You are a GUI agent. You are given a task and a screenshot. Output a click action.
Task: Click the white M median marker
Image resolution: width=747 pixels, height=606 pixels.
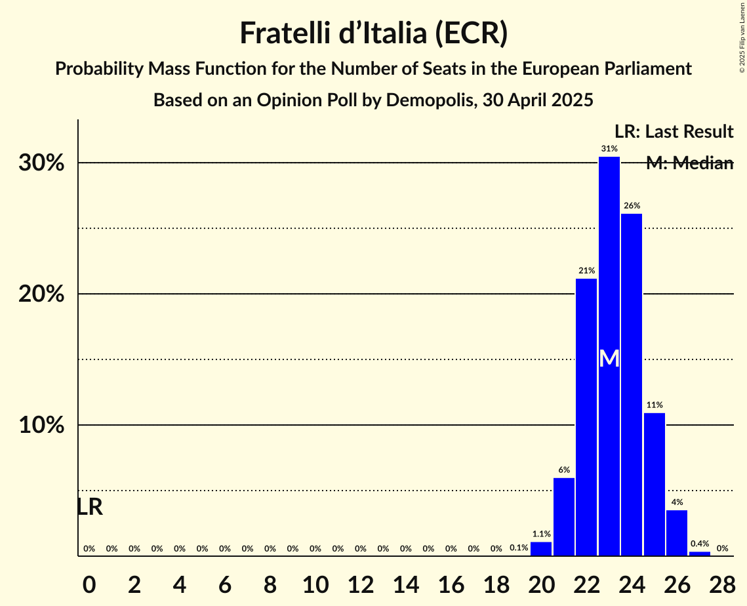coord(609,359)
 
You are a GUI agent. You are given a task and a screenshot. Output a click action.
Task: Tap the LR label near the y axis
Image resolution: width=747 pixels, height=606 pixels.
coord(90,507)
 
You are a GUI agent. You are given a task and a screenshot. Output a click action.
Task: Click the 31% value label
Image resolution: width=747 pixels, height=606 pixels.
coord(609,149)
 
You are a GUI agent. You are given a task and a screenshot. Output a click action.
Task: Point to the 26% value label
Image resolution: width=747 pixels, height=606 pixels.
coord(632,206)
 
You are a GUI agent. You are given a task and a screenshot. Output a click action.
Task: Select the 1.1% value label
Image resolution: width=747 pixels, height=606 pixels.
coord(541,535)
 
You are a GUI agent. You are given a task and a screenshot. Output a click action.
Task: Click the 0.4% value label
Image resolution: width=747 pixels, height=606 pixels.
coord(700,544)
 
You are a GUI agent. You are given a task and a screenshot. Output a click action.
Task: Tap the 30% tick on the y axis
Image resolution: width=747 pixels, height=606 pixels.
coord(41,163)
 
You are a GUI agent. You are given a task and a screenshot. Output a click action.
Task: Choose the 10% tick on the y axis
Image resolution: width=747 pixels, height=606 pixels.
coord(41,426)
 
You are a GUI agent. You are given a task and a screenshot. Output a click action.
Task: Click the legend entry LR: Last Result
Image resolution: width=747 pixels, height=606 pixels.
coord(674,132)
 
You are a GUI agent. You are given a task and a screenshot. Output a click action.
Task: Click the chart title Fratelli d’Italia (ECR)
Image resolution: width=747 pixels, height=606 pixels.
coord(373,33)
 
